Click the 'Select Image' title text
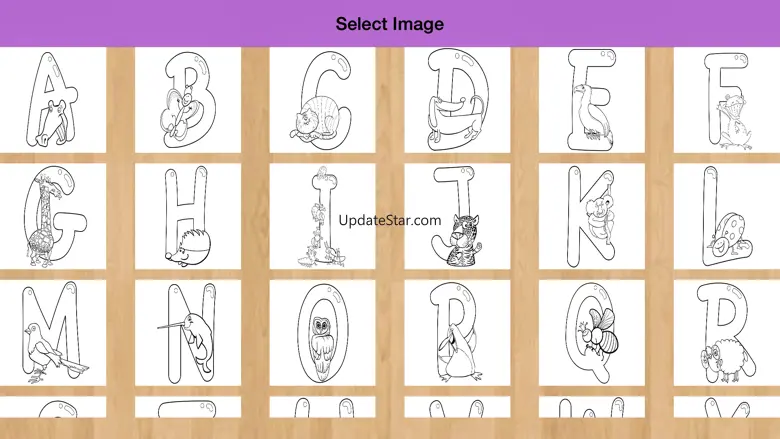(x=390, y=24)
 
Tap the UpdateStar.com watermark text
(x=390, y=220)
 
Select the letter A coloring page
(x=53, y=100)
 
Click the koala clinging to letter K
(x=600, y=217)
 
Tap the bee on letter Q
(x=601, y=331)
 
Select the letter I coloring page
(x=322, y=216)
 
